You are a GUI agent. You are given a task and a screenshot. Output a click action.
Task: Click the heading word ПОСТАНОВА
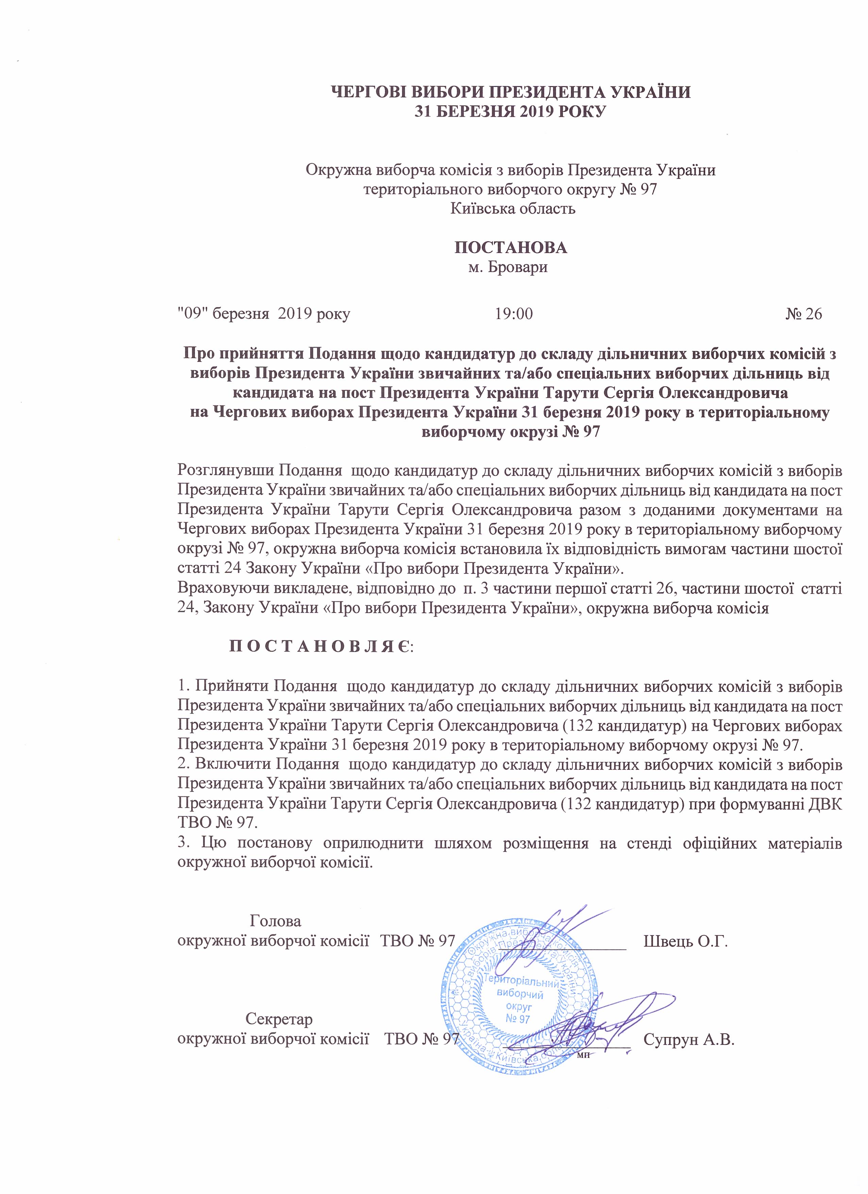click(511, 247)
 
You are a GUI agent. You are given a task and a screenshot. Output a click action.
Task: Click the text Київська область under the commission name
click(513, 209)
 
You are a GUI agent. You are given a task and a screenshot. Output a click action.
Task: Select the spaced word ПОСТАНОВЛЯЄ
click(322, 645)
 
